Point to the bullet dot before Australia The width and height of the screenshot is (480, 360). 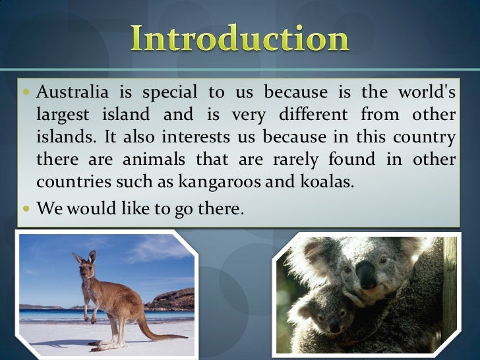(25, 92)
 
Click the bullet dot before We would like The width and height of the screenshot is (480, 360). (25, 208)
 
